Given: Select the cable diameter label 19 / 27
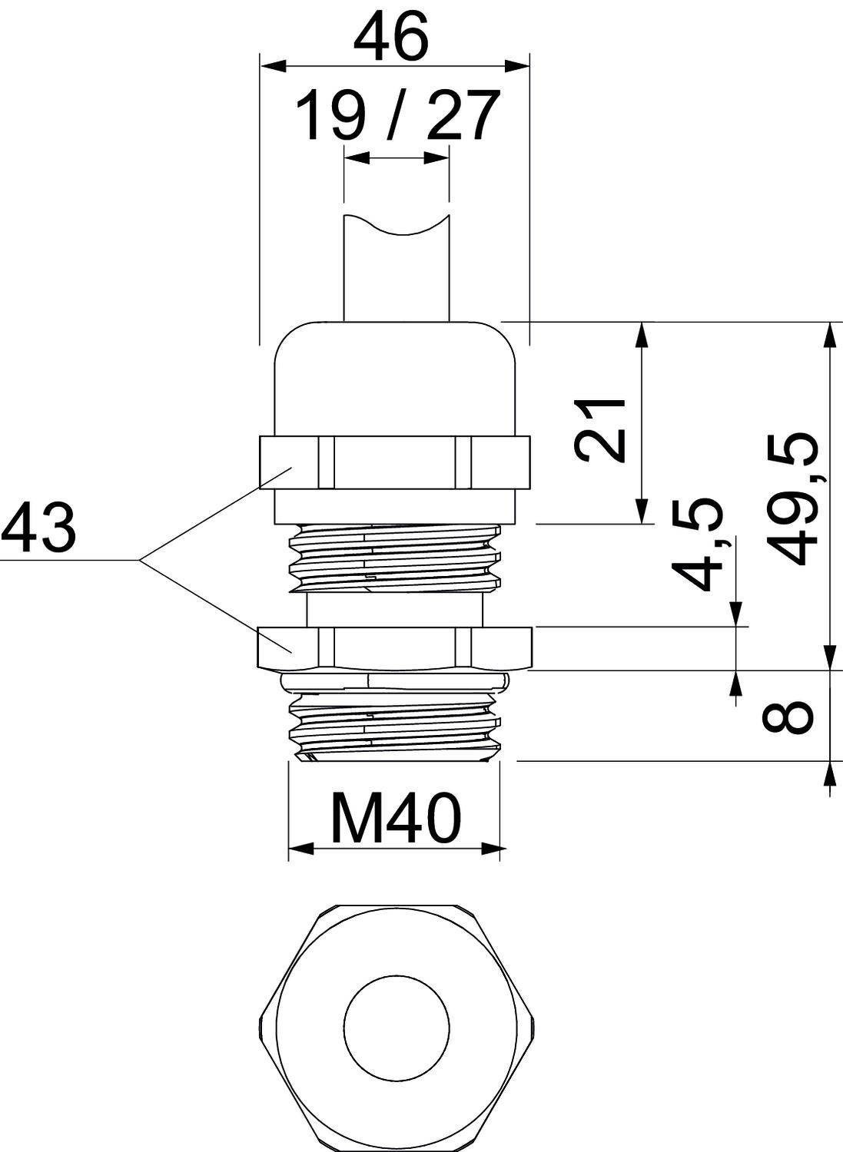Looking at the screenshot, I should point(397,116).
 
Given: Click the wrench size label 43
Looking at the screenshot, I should point(38,528).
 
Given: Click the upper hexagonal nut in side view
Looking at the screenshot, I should point(394,462).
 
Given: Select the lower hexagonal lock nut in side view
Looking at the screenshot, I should point(394,647).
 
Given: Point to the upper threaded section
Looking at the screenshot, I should point(394,557).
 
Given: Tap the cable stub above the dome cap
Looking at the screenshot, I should point(395,273).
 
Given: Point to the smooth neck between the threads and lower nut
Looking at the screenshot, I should point(394,610).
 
